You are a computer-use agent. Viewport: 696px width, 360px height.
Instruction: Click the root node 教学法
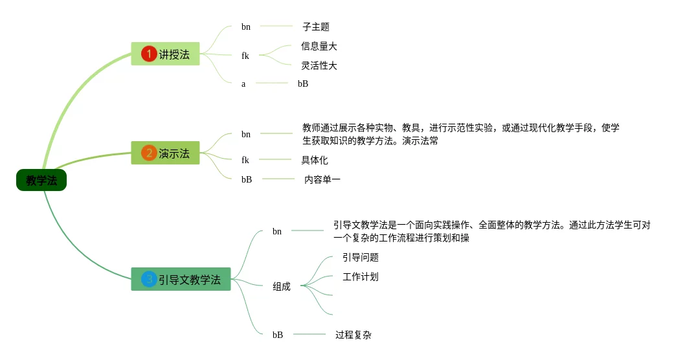point(41,180)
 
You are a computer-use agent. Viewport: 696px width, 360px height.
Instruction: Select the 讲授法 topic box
point(165,54)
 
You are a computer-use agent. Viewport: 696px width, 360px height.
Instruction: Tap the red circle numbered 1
point(149,54)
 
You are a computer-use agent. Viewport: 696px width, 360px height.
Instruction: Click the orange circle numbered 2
point(149,153)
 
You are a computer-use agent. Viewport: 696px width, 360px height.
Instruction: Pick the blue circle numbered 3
point(149,279)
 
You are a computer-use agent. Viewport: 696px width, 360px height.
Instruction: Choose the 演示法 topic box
point(165,153)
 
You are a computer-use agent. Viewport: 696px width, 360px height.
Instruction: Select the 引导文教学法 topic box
point(181,279)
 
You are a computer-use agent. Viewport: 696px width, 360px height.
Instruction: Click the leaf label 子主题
point(316,27)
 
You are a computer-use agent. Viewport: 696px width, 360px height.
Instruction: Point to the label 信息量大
point(319,46)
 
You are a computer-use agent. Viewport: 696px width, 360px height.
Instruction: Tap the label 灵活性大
point(319,65)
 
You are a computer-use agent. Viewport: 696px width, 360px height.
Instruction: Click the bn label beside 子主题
point(246,27)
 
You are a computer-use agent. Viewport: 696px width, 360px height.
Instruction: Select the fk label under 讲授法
point(245,56)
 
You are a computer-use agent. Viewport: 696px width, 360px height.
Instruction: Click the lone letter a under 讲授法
point(243,84)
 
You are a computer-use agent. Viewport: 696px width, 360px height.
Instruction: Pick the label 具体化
point(315,160)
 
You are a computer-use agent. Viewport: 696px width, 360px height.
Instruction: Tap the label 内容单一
point(322,179)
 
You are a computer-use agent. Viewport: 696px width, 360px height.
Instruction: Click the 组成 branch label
point(282,287)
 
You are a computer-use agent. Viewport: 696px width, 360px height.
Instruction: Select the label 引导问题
point(361,258)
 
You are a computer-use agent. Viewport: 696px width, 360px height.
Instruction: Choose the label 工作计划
point(361,277)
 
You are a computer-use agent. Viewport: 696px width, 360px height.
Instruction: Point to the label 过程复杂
point(354,335)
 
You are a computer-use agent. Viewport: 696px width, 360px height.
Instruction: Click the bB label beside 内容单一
point(247,179)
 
